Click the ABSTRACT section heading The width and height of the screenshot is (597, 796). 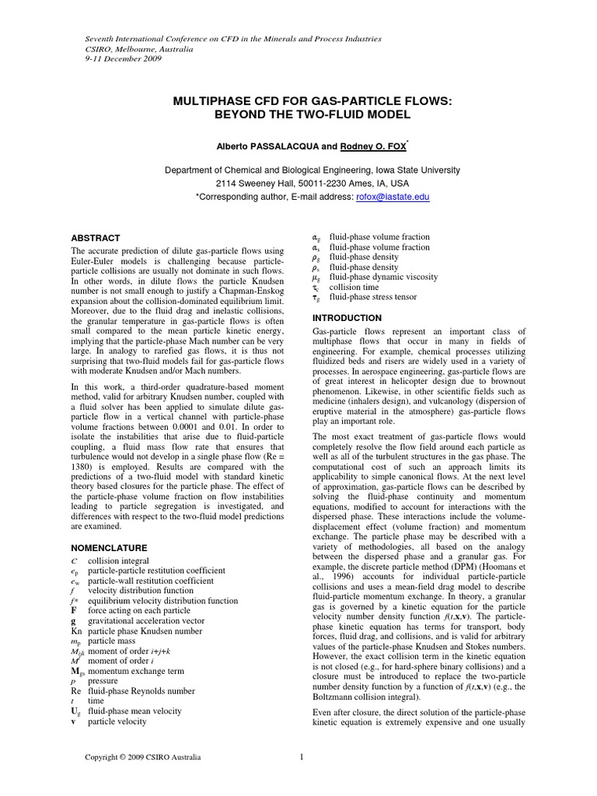(96, 238)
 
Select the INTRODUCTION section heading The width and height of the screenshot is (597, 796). (347, 318)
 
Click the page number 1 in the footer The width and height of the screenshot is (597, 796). (301, 756)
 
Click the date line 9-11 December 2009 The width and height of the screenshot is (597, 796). (122, 59)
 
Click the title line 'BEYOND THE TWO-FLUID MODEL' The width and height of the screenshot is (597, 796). (298, 114)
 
